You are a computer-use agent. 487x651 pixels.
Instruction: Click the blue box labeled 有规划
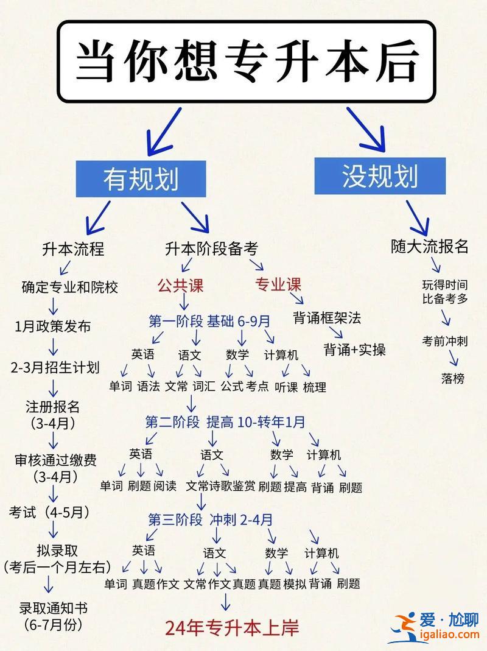[x=141, y=179]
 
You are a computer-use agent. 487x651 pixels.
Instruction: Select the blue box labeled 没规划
[x=380, y=176]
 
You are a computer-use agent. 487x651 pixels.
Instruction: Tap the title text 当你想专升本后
[x=247, y=61]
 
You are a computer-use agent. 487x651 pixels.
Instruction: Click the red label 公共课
[x=180, y=286]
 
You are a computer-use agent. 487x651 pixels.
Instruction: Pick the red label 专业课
[x=278, y=284]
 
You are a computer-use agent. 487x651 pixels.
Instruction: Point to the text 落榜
[x=452, y=378]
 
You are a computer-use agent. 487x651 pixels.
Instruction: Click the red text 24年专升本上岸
[x=232, y=628]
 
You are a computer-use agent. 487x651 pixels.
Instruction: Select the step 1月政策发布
[x=53, y=326]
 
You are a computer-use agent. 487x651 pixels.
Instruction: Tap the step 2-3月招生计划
[x=55, y=367]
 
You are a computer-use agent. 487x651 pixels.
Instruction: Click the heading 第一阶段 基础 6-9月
[x=209, y=321]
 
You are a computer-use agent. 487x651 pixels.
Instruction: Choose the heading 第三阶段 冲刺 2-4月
[x=211, y=519]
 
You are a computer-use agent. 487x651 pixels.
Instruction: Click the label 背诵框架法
[x=327, y=318]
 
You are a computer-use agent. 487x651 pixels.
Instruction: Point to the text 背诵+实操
[x=354, y=350]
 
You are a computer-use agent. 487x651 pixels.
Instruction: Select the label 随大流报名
[x=430, y=246]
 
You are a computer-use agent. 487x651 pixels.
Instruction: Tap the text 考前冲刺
[x=444, y=341]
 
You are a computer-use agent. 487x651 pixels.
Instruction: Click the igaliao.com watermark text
[x=450, y=634]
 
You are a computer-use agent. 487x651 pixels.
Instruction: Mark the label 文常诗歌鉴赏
[x=220, y=486]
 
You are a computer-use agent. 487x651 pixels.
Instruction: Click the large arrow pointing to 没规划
[x=366, y=129]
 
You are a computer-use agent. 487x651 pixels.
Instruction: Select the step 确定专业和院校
[x=70, y=287]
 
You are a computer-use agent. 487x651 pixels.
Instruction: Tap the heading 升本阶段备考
[x=211, y=248]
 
